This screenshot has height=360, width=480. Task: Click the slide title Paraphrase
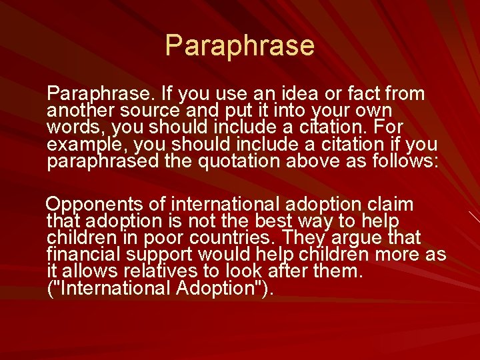coord(239,45)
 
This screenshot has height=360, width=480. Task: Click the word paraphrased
coord(103,162)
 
